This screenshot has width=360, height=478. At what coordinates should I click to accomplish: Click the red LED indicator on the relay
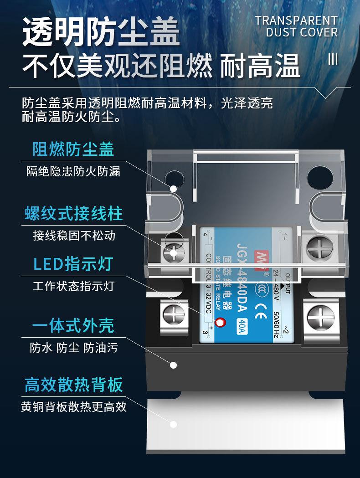coord(221,323)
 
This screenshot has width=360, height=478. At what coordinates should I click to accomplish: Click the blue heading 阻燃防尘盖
coord(73,149)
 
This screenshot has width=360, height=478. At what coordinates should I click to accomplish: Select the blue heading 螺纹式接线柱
coord(73,213)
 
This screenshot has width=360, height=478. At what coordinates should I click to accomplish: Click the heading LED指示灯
coord(73,264)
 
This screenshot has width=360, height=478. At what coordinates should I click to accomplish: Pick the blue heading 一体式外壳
coord(73,326)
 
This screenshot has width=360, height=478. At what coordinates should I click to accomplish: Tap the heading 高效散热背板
coord(73,385)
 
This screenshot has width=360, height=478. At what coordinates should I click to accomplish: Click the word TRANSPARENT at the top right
coord(296,21)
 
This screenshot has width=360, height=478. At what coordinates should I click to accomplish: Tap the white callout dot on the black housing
coord(173,365)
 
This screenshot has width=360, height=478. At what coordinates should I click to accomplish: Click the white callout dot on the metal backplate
coord(173,424)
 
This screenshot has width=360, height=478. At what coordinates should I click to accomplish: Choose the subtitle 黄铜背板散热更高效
coord(73,406)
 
